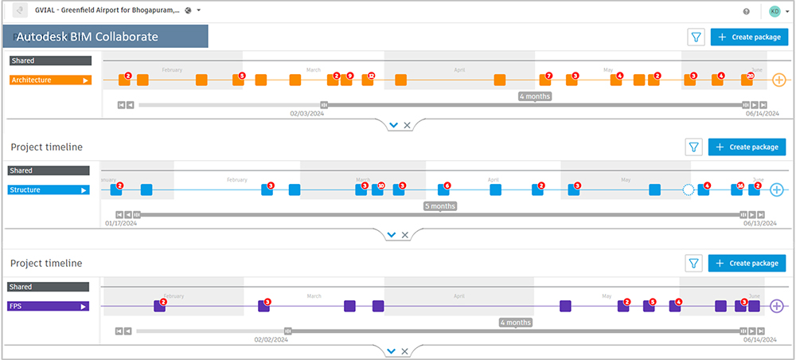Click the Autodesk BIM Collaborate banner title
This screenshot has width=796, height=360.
pos(104,37)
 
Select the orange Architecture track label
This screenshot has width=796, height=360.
pos(50,80)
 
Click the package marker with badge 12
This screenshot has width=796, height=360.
pos(367,80)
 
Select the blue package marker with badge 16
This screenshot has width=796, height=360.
pos(736,190)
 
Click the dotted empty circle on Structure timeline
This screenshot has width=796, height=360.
pos(689,190)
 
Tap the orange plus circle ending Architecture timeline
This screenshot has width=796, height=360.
pos(778,80)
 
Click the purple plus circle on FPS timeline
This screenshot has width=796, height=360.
pos(777,306)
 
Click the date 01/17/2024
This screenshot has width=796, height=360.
pos(121,224)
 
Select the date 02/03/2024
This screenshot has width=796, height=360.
pos(306,114)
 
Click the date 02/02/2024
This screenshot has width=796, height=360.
pos(271,339)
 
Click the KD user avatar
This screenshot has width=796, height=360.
pos(775,11)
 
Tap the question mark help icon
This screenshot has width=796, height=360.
pos(746,11)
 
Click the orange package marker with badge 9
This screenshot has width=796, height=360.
pos(346,80)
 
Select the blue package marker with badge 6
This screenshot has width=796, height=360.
pos(443,190)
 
